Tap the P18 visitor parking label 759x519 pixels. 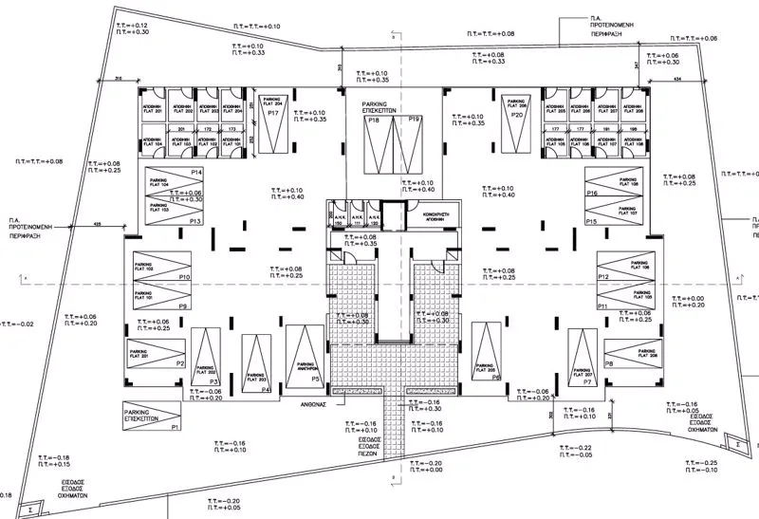374,120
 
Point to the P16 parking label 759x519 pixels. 591,194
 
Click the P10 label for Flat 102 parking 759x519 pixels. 186,276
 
